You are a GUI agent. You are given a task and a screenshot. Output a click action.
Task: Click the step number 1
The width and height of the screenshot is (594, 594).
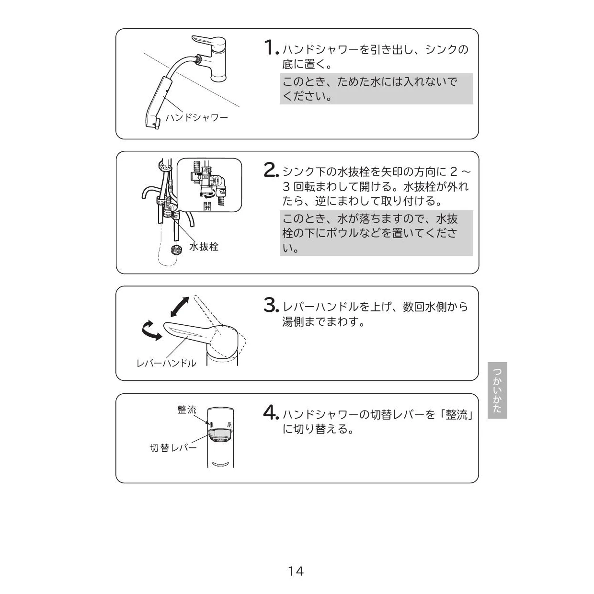[x=272, y=47]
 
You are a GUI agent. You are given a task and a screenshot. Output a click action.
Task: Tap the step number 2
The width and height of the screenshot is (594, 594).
[x=271, y=170]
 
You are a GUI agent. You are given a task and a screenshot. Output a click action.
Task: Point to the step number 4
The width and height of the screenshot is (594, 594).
[x=271, y=412]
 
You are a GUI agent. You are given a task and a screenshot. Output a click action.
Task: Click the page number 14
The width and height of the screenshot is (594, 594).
[x=296, y=571]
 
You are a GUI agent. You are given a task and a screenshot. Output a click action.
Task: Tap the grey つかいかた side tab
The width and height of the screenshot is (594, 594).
[x=497, y=390]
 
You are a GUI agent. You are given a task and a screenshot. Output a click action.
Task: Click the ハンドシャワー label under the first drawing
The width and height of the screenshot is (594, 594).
[x=197, y=117]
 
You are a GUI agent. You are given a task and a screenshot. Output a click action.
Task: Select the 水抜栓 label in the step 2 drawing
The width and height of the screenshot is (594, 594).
[x=204, y=247]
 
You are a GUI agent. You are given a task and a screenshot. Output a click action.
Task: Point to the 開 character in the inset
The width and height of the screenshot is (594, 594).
[x=207, y=206]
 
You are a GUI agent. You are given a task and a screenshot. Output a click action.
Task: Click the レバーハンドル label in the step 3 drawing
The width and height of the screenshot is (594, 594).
[x=166, y=363]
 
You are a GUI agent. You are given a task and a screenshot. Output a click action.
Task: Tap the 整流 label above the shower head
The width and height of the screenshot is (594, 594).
[x=187, y=410]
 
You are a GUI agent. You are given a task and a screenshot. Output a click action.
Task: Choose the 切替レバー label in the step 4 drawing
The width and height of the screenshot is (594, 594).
[x=173, y=447]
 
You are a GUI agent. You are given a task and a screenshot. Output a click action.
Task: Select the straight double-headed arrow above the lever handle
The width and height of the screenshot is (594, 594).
[x=180, y=307]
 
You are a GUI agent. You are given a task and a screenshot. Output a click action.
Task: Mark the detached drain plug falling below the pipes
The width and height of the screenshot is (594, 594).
[x=176, y=249]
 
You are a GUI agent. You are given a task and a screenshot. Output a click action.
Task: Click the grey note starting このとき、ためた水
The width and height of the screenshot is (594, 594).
[x=376, y=89]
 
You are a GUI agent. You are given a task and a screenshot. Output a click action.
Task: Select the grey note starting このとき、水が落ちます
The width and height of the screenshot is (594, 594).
[x=376, y=233]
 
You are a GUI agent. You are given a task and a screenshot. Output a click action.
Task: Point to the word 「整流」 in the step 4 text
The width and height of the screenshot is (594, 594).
[x=455, y=414]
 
